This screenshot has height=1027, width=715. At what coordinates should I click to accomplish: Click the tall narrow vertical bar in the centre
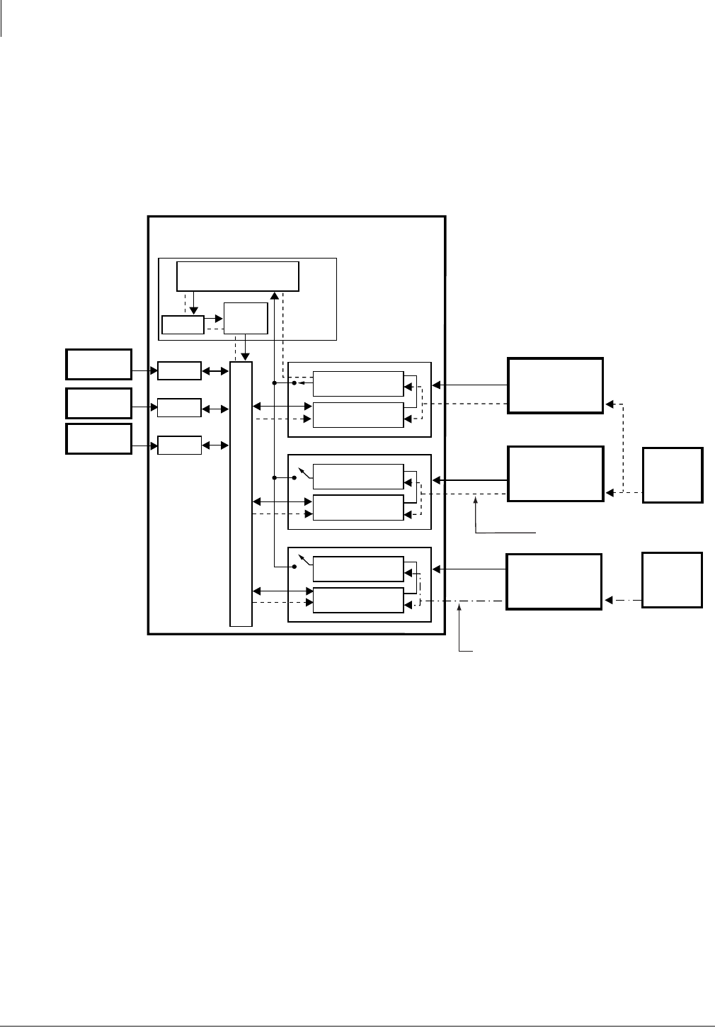[241, 494]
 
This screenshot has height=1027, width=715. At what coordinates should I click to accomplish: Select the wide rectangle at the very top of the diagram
[238, 276]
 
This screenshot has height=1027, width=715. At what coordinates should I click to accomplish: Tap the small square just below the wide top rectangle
[246, 318]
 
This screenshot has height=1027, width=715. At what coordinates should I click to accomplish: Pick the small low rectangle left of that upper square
[183, 324]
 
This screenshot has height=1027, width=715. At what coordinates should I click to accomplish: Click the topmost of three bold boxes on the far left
[99, 364]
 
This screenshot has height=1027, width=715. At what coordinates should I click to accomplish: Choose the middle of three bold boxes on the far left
[99, 403]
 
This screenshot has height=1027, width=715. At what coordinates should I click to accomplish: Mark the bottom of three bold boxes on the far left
[99, 438]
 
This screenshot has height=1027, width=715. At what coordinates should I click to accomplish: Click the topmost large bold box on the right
[556, 385]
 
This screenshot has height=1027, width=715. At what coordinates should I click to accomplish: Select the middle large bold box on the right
[556, 474]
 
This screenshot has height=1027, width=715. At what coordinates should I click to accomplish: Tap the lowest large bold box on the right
[554, 581]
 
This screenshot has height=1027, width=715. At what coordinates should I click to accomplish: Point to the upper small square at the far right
[673, 475]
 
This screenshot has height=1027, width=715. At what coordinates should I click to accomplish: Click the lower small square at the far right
[672, 580]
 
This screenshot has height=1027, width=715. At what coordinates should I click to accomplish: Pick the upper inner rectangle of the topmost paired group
[358, 383]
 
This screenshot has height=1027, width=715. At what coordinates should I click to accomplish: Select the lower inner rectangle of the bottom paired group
[358, 600]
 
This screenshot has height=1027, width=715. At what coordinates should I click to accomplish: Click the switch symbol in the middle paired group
[302, 472]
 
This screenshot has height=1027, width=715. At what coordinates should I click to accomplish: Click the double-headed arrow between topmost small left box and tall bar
[215, 370]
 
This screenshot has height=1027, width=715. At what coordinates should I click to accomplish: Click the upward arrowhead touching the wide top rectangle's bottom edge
[274, 295]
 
